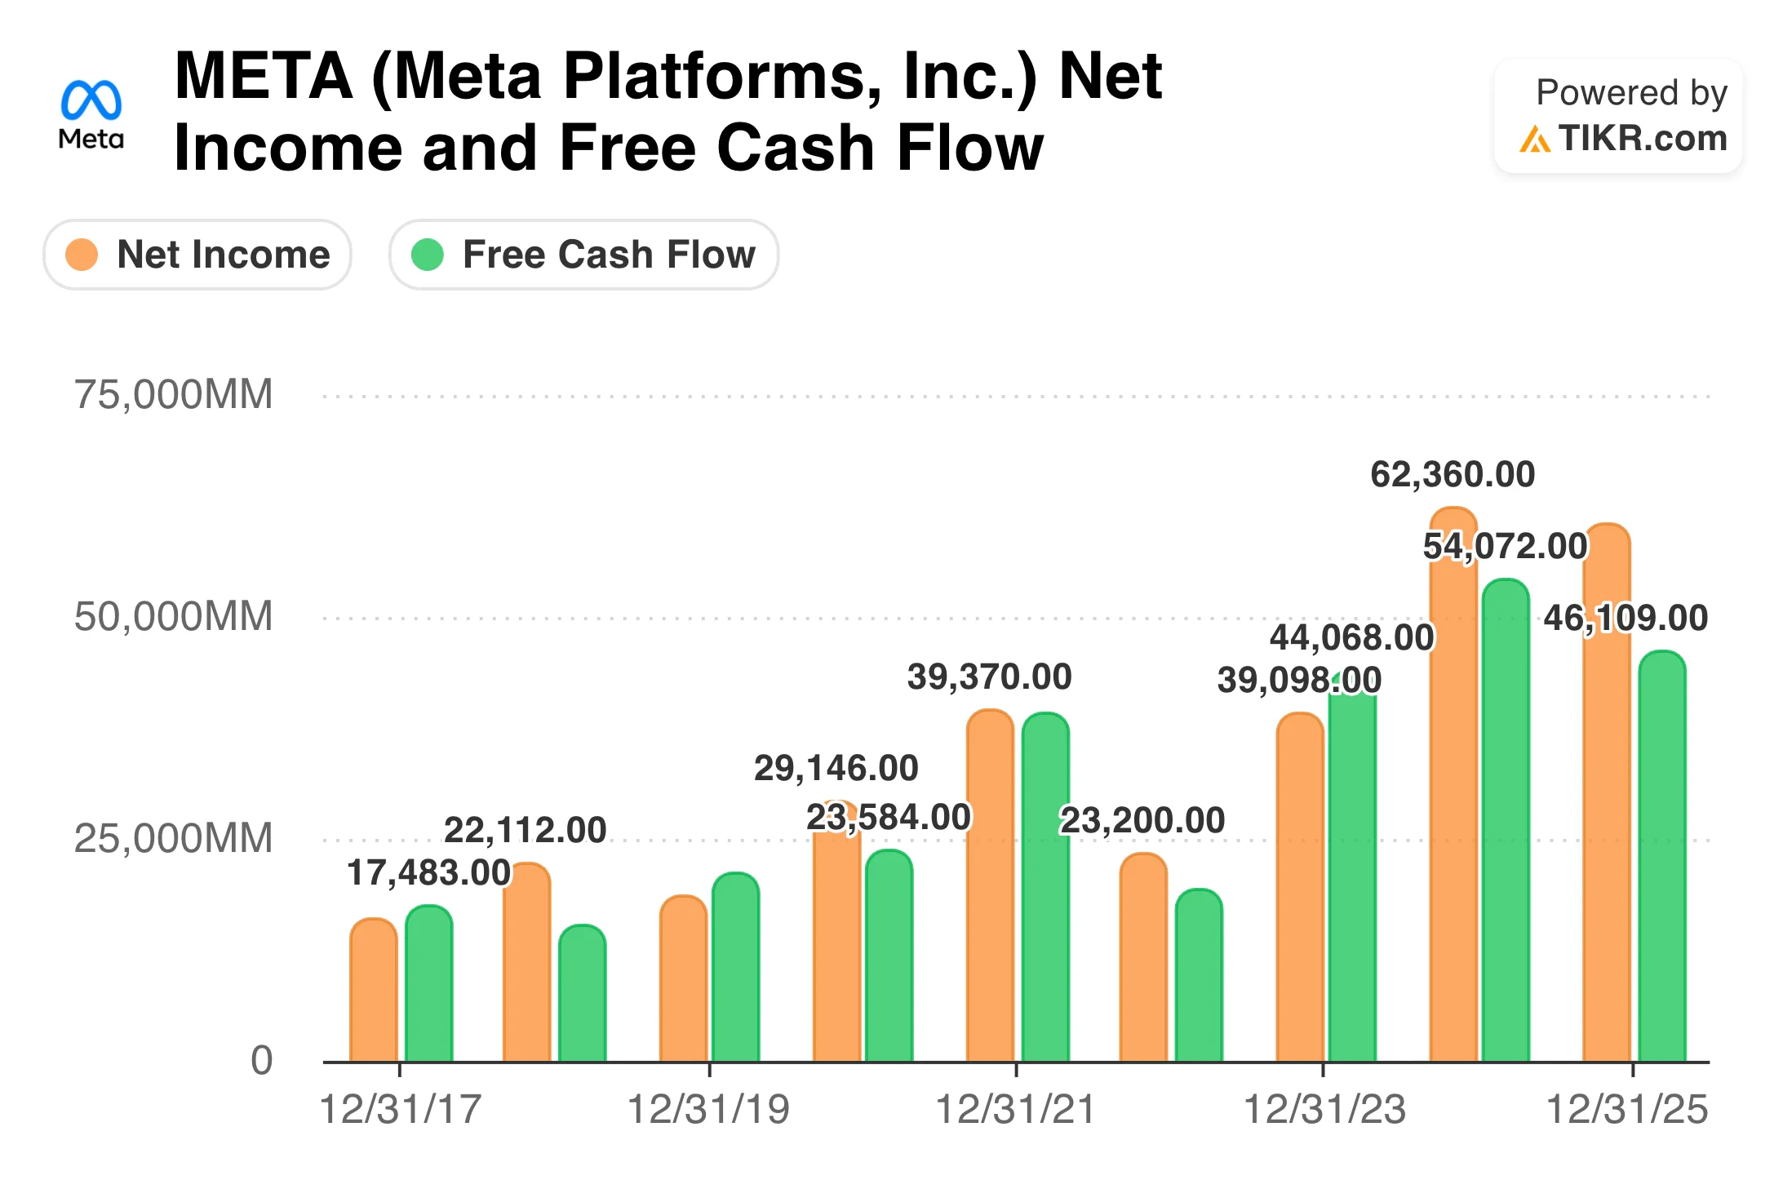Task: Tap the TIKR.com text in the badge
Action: coord(1642,139)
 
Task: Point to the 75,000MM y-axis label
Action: coord(173,395)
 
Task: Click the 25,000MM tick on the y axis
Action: coord(173,839)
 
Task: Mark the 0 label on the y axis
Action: coord(261,1061)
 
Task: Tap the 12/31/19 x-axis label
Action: coord(708,1110)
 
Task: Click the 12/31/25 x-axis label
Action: coord(1627,1110)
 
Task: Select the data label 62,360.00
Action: coord(1453,475)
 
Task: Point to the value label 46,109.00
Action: coord(1626,618)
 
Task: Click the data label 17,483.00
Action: coord(429,872)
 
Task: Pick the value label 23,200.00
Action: coord(1142,820)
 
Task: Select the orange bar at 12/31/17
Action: coord(374,992)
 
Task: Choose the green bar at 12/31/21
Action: coord(1045,890)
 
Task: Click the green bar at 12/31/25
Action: coord(1662,857)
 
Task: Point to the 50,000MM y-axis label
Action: coord(173,617)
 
